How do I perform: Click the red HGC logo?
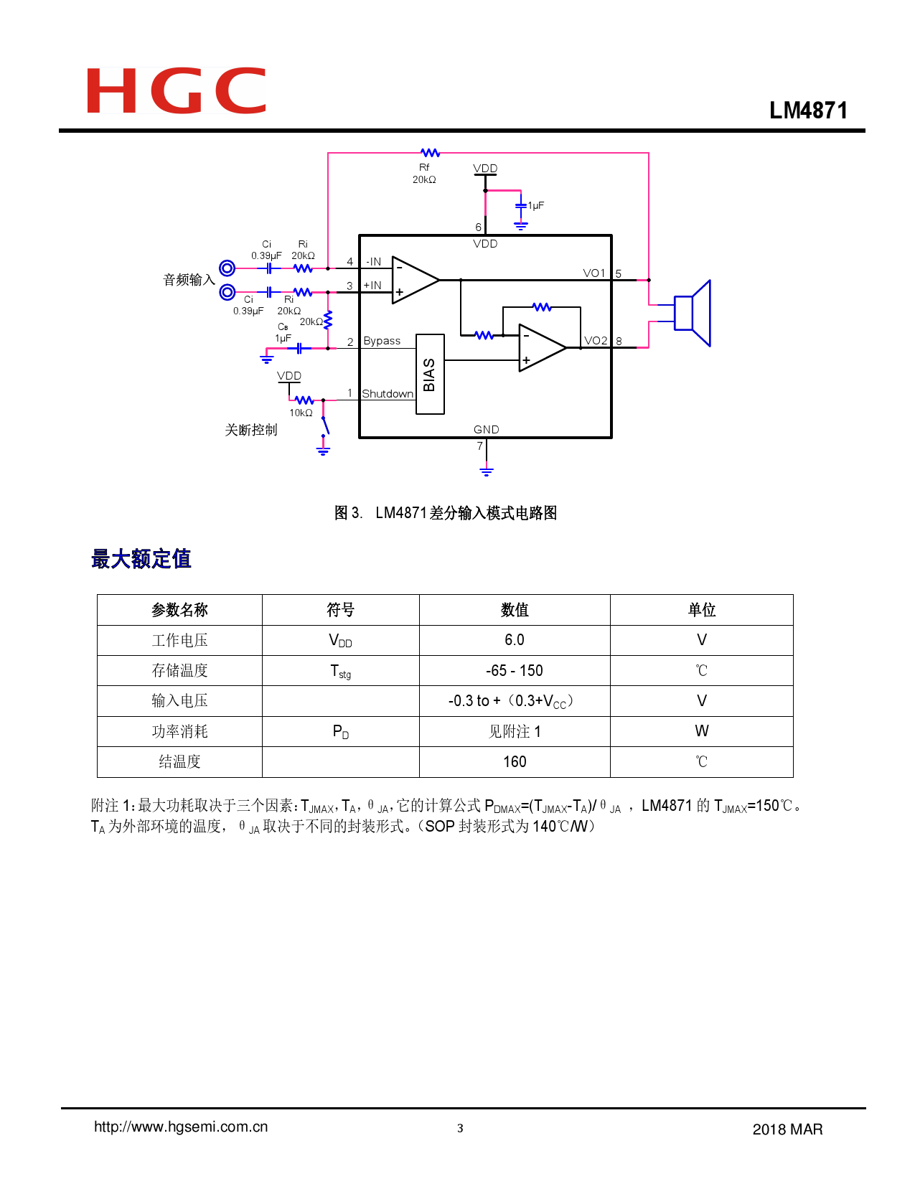(176, 90)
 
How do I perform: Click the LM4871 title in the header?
(808, 111)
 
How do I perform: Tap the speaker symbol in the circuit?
(692, 314)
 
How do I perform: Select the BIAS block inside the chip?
(430, 374)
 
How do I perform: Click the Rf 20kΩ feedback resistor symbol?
(430, 153)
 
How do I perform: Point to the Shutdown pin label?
(388, 394)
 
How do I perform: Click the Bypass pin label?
(382, 341)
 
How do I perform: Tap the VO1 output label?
(594, 273)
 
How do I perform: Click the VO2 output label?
(596, 341)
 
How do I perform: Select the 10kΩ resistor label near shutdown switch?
(301, 413)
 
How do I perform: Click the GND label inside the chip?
(486, 429)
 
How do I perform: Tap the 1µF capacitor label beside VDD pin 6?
(536, 205)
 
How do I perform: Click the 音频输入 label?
(189, 280)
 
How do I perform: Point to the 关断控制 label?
(250, 430)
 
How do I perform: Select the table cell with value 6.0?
(515, 640)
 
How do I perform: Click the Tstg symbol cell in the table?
(340, 671)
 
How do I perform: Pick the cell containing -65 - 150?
(515, 671)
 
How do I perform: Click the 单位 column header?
(701, 610)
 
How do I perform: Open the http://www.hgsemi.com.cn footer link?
(181, 1127)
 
